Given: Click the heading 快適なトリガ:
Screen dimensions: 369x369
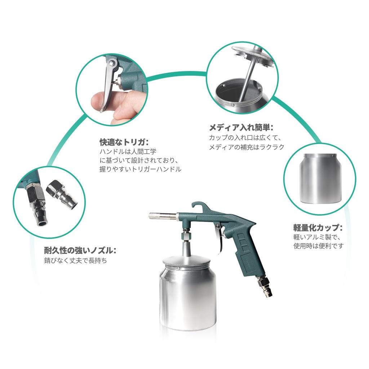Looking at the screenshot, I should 124,141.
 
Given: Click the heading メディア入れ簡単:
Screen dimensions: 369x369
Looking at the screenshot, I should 241,127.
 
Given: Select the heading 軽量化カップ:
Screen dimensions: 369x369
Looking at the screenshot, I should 317,227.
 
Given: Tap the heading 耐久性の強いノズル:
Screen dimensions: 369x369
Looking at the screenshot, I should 80,250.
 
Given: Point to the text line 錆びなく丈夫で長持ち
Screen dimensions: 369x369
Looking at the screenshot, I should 75,260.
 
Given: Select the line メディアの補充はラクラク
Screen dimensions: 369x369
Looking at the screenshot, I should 247,147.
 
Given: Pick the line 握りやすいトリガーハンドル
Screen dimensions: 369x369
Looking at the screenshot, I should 140,169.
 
